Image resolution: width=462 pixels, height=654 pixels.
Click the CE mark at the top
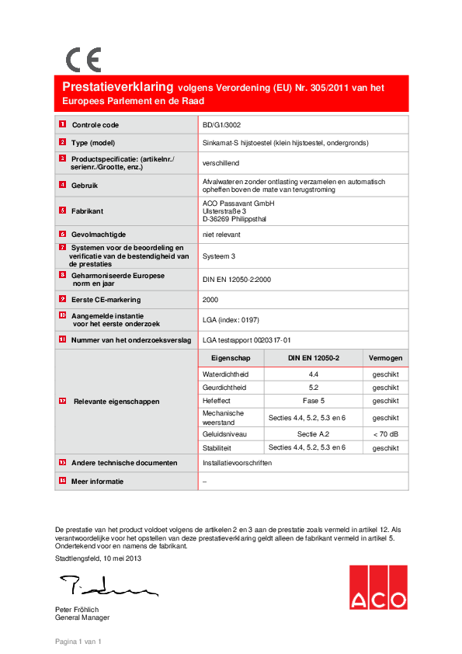tap(82, 60)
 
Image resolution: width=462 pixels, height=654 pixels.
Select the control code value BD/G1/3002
tap(221, 124)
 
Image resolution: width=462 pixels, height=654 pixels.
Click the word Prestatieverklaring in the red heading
tap(118, 88)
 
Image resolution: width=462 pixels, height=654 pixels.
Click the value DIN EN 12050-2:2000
tap(236, 280)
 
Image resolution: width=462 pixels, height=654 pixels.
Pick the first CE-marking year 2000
tap(210, 298)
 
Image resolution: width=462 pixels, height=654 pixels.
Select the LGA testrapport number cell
tap(246, 339)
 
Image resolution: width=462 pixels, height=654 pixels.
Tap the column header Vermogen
tap(385, 357)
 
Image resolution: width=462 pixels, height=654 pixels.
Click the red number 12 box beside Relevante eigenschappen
tap(62, 402)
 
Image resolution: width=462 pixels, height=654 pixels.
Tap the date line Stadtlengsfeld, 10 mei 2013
tap(98, 558)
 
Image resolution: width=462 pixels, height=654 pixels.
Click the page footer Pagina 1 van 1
tap(78, 642)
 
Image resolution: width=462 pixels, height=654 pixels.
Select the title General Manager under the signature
tap(82, 617)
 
